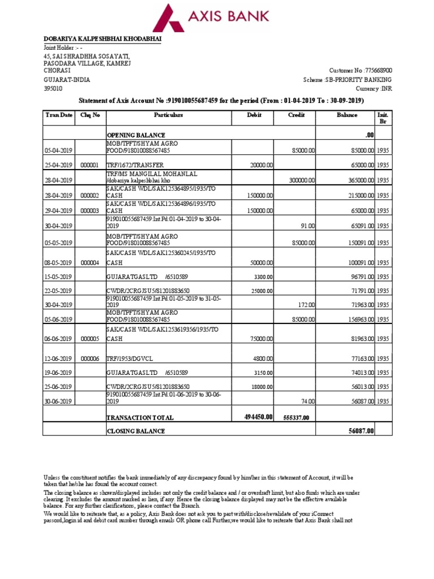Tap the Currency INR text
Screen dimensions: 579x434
(374, 89)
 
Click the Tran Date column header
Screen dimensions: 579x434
(59, 115)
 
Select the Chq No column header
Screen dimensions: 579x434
(90, 115)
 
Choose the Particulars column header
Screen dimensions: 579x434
(168, 115)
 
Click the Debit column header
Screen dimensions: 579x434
(255, 115)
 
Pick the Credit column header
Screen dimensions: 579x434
(296, 115)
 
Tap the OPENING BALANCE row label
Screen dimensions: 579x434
(136, 136)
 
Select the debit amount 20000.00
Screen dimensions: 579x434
(261, 165)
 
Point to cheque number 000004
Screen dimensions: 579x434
(90, 263)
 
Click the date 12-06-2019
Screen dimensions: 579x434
(59, 358)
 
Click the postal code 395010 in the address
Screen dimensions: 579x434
(53, 89)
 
